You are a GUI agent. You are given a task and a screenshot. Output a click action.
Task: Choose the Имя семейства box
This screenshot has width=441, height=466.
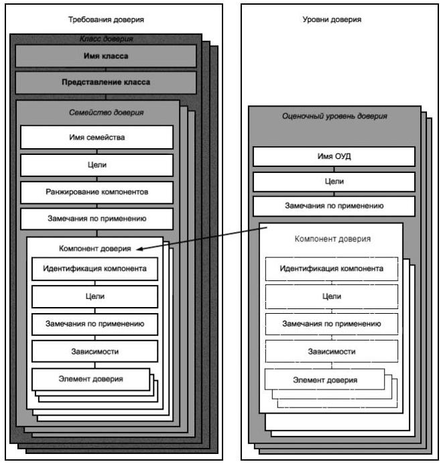[98, 138]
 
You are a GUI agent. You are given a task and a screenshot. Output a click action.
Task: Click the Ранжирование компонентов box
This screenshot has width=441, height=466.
[98, 192]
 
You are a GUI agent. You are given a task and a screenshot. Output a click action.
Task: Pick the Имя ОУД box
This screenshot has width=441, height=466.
[333, 156]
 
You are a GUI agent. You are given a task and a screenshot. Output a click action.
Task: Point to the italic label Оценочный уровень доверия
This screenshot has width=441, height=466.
[333, 116]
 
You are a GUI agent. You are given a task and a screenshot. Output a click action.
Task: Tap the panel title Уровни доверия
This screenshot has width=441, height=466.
[333, 20]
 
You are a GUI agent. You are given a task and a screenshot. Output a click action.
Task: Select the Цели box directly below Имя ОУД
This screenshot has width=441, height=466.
[333, 181]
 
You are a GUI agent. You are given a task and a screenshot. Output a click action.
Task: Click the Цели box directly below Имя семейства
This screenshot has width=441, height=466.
[98, 165]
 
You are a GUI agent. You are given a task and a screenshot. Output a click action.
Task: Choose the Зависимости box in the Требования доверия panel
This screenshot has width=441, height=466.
[94, 350]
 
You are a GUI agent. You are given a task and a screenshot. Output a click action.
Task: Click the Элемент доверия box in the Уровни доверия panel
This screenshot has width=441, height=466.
[324, 380]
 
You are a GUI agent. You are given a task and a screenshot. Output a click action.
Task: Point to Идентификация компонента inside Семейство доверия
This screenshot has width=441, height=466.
[94, 269]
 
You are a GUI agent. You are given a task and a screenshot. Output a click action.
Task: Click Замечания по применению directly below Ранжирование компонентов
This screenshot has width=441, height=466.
[98, 219]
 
